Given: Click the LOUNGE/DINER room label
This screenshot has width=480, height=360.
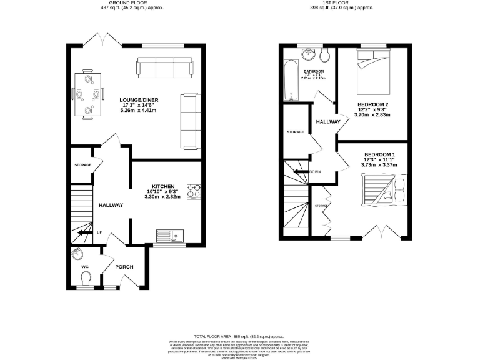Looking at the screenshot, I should tap(138, 99).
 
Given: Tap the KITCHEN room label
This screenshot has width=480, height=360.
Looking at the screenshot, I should tap(161, 186).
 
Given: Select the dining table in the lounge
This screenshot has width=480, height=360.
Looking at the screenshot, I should tap(87, 95).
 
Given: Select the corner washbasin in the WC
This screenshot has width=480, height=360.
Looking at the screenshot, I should tap(77, 254).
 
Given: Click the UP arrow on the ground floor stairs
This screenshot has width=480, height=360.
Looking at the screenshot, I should tap(82, 233).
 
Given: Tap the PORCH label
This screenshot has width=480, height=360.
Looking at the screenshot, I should tap(124, 267).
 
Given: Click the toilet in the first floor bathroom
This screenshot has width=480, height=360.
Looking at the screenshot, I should tap(324, 56).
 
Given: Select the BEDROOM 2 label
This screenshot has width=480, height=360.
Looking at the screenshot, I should tap(373, 104).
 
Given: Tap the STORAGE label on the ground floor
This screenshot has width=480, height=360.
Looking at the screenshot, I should tap(82, 165).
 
